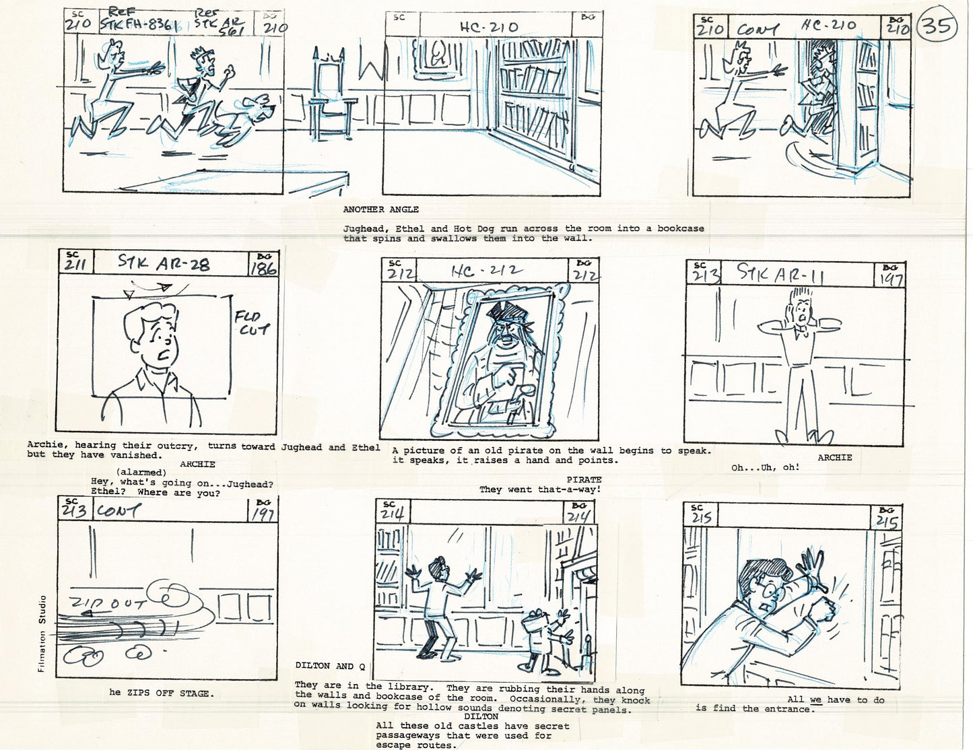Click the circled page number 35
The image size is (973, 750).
[937, 26]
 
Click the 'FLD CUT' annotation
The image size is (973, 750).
[253, 322]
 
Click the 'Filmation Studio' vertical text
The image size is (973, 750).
[42, 634]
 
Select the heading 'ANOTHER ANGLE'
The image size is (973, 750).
[380, 209]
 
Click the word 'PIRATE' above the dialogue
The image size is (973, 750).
[584, 480]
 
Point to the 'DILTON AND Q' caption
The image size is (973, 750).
[330, 666]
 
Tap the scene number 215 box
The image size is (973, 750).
[700, 516]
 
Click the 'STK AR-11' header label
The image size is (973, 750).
[780, 273]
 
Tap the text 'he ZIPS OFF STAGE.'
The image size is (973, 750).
[162, 693]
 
